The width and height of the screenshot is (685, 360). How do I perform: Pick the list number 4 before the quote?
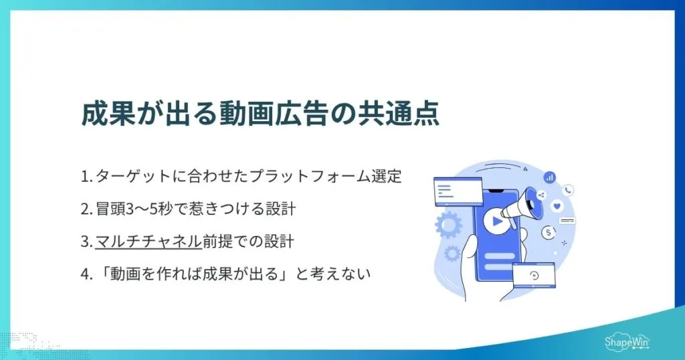85,274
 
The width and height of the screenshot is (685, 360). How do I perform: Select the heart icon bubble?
557,206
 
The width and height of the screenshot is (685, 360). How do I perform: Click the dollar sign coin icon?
549,232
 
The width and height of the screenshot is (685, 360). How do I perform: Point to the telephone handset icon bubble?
568,190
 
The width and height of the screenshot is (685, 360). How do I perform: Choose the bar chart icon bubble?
549,177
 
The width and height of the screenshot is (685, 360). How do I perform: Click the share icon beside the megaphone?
541,195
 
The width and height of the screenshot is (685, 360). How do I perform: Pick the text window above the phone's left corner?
458,190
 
